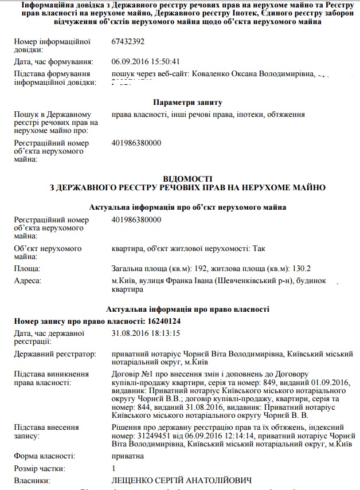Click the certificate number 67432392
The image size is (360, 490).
tap(128, 42)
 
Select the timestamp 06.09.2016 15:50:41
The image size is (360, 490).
tap(146, 61)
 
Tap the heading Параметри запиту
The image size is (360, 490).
tap(187, 103)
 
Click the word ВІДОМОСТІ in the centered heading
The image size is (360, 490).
tap(187, 179)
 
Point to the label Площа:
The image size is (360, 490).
tap(27, 268)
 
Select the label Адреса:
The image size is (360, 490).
tap(28, 281)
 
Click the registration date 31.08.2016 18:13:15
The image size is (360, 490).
tap(146, 333)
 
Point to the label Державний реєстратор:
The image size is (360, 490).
tap(55, 355)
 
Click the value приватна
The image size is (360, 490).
tap(128, 456)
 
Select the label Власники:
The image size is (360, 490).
tap(31, 480)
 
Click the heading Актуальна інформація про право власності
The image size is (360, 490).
tap(187, 309)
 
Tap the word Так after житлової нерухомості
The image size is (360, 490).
tap(259, 249)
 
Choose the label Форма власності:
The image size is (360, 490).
tap(44, 456)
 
